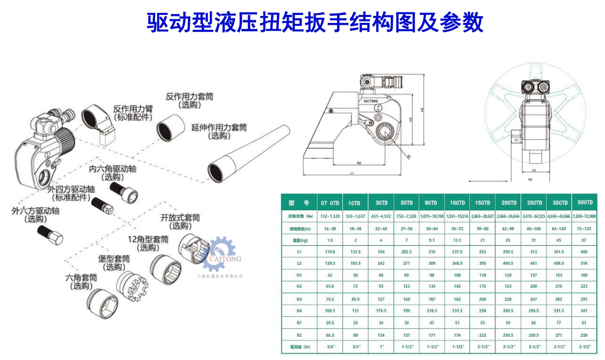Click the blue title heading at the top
[x=315, y=22]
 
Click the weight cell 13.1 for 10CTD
[x=457, y=240]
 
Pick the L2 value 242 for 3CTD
[x=381, y=263]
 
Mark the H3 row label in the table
[x=299, y=299]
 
